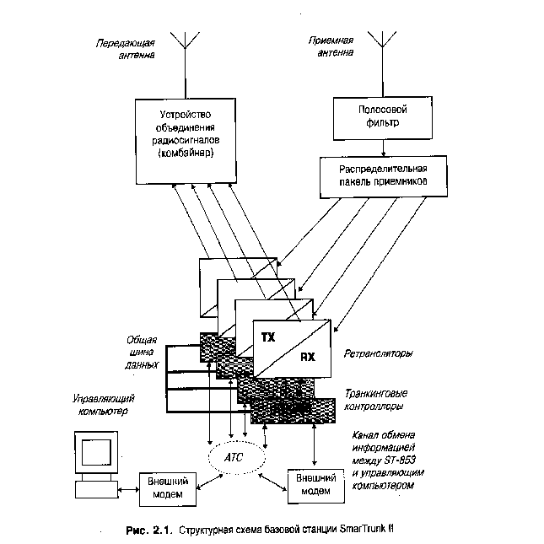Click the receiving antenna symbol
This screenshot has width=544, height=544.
[385, 41]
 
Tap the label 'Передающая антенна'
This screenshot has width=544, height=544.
[124, 51]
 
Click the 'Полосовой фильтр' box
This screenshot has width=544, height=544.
[384, 116]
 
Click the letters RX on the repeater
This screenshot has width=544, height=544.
[309, 358]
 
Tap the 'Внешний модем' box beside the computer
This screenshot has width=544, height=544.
[168, 487]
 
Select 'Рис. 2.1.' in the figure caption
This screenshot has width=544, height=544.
[148, 530]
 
